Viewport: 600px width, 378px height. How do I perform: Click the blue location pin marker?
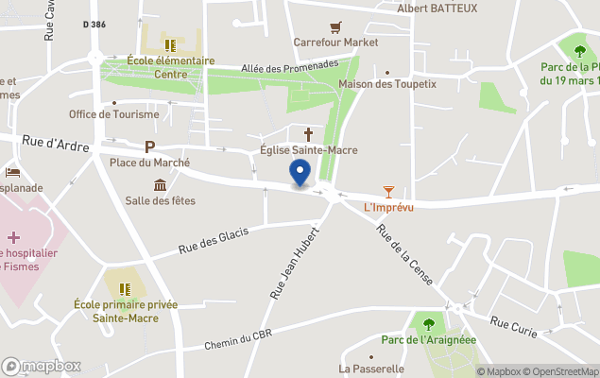(300, 173)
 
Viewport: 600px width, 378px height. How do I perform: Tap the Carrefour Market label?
(335, 43)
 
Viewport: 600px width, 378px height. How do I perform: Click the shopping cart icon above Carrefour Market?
(334, 27)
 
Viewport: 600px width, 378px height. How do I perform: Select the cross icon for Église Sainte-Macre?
(308, 134)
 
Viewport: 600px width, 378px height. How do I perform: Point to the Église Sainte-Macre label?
(308, 150)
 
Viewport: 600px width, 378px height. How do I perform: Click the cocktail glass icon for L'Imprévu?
(388, 192)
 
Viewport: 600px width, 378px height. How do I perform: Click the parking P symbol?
(149, 146)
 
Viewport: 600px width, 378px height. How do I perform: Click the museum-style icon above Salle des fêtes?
(160, 184)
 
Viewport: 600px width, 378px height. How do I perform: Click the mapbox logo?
(42, 366)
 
